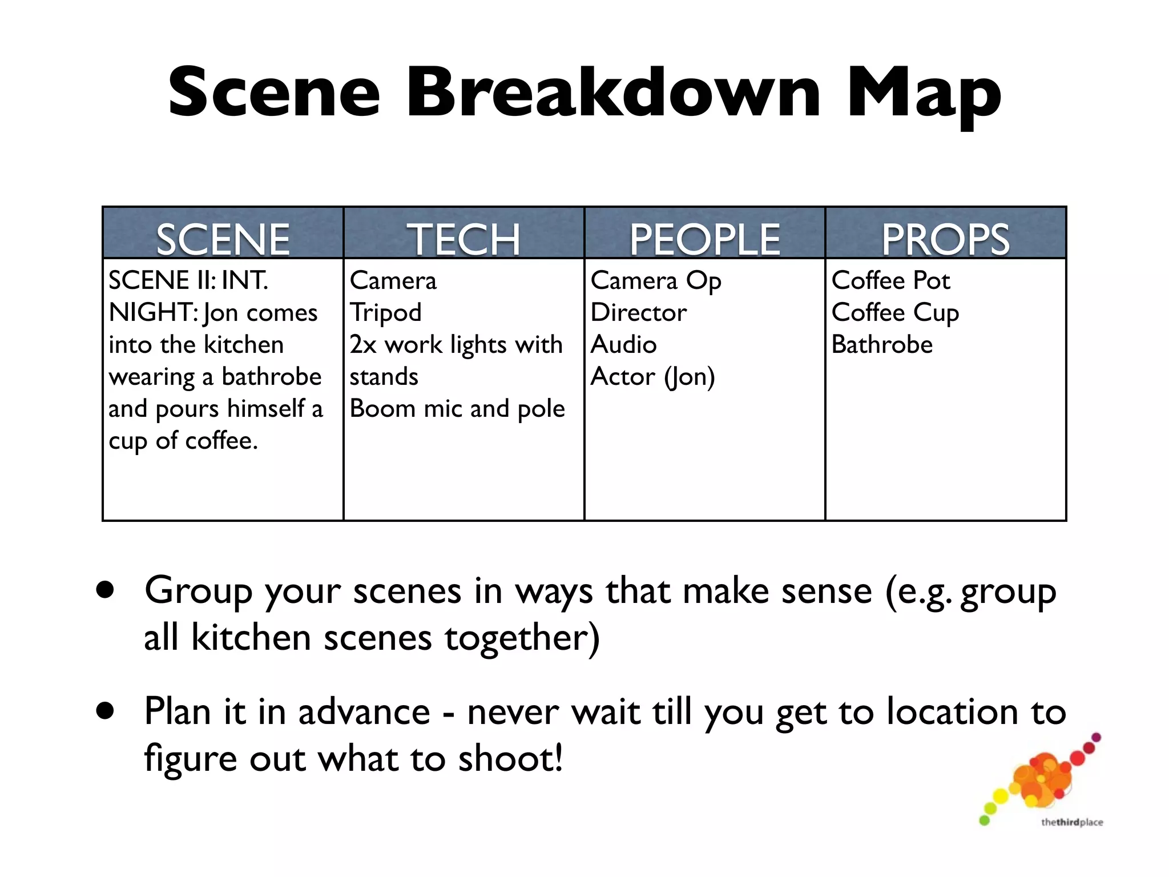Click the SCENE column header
pos(223,239)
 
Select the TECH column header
pos(463,239)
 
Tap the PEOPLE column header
pos(705,239)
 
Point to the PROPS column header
pos(946,239)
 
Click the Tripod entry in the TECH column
pos(386,313)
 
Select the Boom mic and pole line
pos(457,409)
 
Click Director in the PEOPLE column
pos(639,313)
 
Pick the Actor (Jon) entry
pos(652,377)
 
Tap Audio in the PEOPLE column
pos(624,345)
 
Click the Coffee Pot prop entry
pos(890,281)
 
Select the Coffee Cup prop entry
pos(895,313)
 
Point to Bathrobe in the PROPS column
pos(882,345)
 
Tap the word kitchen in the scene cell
pos(244,345)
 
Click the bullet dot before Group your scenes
pos(105,590)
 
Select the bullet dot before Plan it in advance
pos(105,711)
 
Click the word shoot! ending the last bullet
pos(510,759)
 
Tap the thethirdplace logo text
pos(1071,822)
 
